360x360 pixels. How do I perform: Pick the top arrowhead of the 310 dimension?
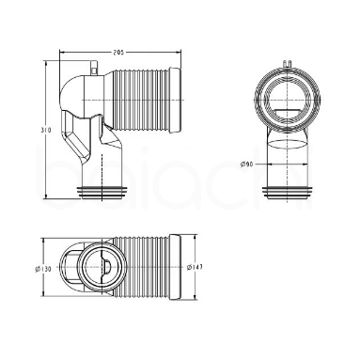point(48,65)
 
